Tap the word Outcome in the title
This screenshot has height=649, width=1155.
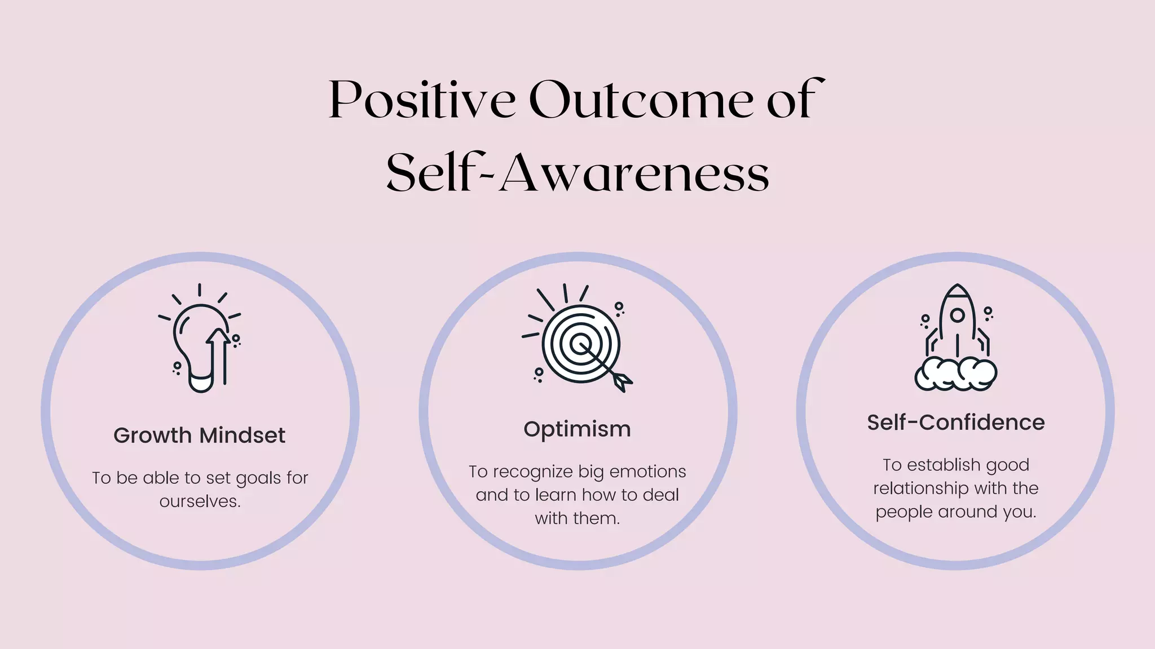(640, 100)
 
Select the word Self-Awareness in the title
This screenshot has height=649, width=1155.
(577, 172)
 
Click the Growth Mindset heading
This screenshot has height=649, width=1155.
(199, 435)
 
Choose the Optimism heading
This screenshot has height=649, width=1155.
(577, 429)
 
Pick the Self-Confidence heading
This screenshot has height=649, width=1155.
(955, 422)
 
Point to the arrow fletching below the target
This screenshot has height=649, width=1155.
(621, 381)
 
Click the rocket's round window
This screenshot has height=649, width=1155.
(957, 315)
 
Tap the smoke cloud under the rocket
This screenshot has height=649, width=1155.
(955, 375)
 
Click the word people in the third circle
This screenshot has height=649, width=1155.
(904, 512)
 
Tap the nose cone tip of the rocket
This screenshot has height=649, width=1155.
(957, 286)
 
